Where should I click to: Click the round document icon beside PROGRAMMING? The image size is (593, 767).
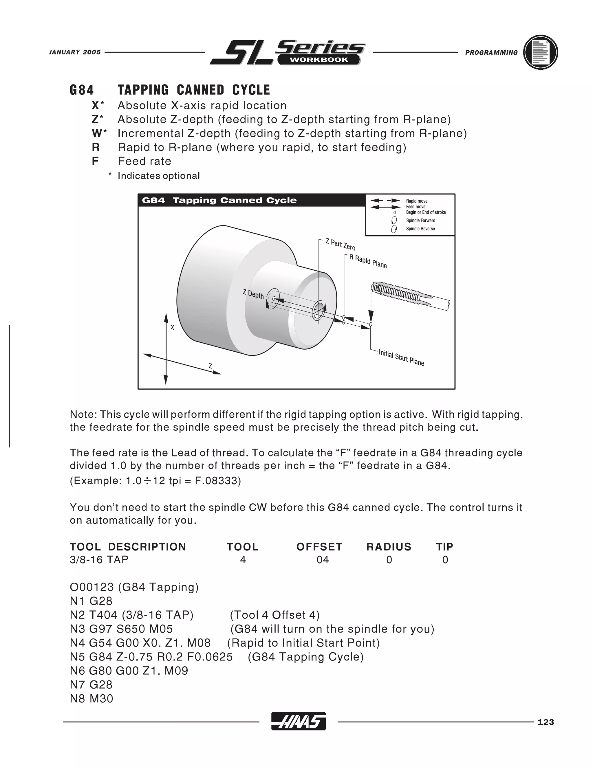pos(540,52)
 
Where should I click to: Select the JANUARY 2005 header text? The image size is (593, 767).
pos(74,52)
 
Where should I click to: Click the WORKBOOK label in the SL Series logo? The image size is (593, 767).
pos(319,60)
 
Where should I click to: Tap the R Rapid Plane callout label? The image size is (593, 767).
pos(368,262)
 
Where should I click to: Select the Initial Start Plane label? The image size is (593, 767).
pos(401,357)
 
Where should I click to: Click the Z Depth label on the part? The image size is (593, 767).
pos(253,294)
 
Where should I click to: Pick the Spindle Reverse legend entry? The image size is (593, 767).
pos(420,229)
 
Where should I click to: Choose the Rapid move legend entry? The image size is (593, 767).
pos(417,201)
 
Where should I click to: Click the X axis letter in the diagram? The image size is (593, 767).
pos(172,327)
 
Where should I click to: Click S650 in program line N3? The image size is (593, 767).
pos(127,629)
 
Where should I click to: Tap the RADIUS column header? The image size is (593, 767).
pos(389,547)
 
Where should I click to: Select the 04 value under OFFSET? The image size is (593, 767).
pos(323,560)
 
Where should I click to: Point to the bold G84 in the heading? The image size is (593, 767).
pos(82,90)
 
